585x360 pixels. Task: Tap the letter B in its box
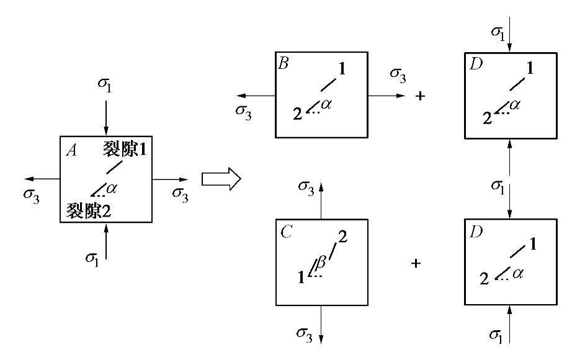(x=284, y=63)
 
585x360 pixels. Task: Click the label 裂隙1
(x=126, y=150)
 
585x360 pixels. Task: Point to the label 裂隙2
(x=89, y=210)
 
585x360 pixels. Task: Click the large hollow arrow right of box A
(x=221, y=179)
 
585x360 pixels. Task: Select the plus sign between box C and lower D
(x=416, y=263)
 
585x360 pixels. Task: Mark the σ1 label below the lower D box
(x=494, y=335)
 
